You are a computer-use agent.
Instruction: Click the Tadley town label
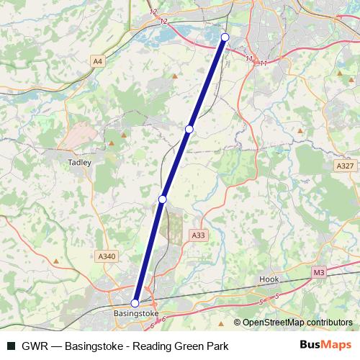[79, 163]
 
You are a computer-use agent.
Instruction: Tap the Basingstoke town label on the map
[135, 315]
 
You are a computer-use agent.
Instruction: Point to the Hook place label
[269, 279]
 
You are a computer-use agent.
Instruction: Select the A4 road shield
[98, 63]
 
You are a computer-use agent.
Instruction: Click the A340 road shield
[106, 256]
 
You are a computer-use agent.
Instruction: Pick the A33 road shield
[198, 235]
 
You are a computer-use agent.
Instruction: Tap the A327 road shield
[346, 166]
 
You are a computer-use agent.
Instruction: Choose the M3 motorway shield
[319, 272]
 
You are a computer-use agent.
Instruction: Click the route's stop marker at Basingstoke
[135, 303]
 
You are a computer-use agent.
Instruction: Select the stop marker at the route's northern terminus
[225, 37]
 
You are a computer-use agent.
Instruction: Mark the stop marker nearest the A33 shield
[163, 199]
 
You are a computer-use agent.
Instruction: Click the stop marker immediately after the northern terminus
[189, 129]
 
